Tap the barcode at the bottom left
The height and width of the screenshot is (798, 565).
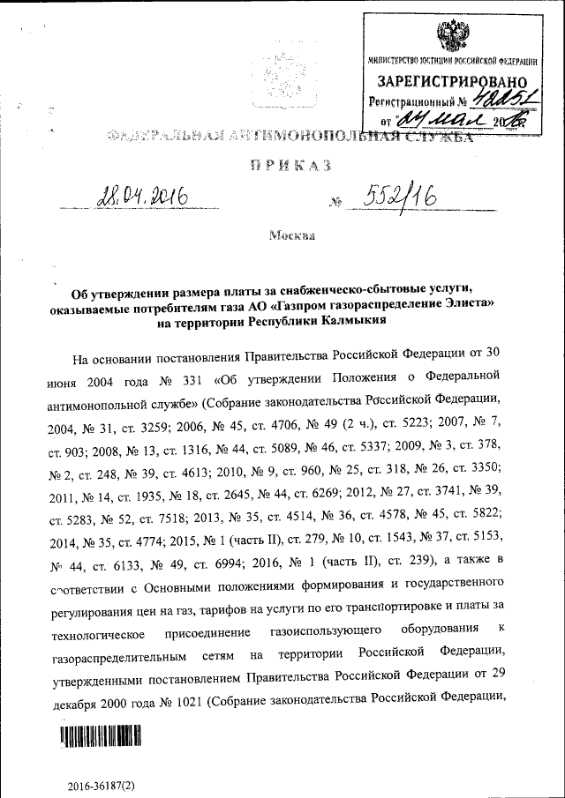(x=101, y=735)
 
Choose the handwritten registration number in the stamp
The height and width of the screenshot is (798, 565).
(x=501, y=100)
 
